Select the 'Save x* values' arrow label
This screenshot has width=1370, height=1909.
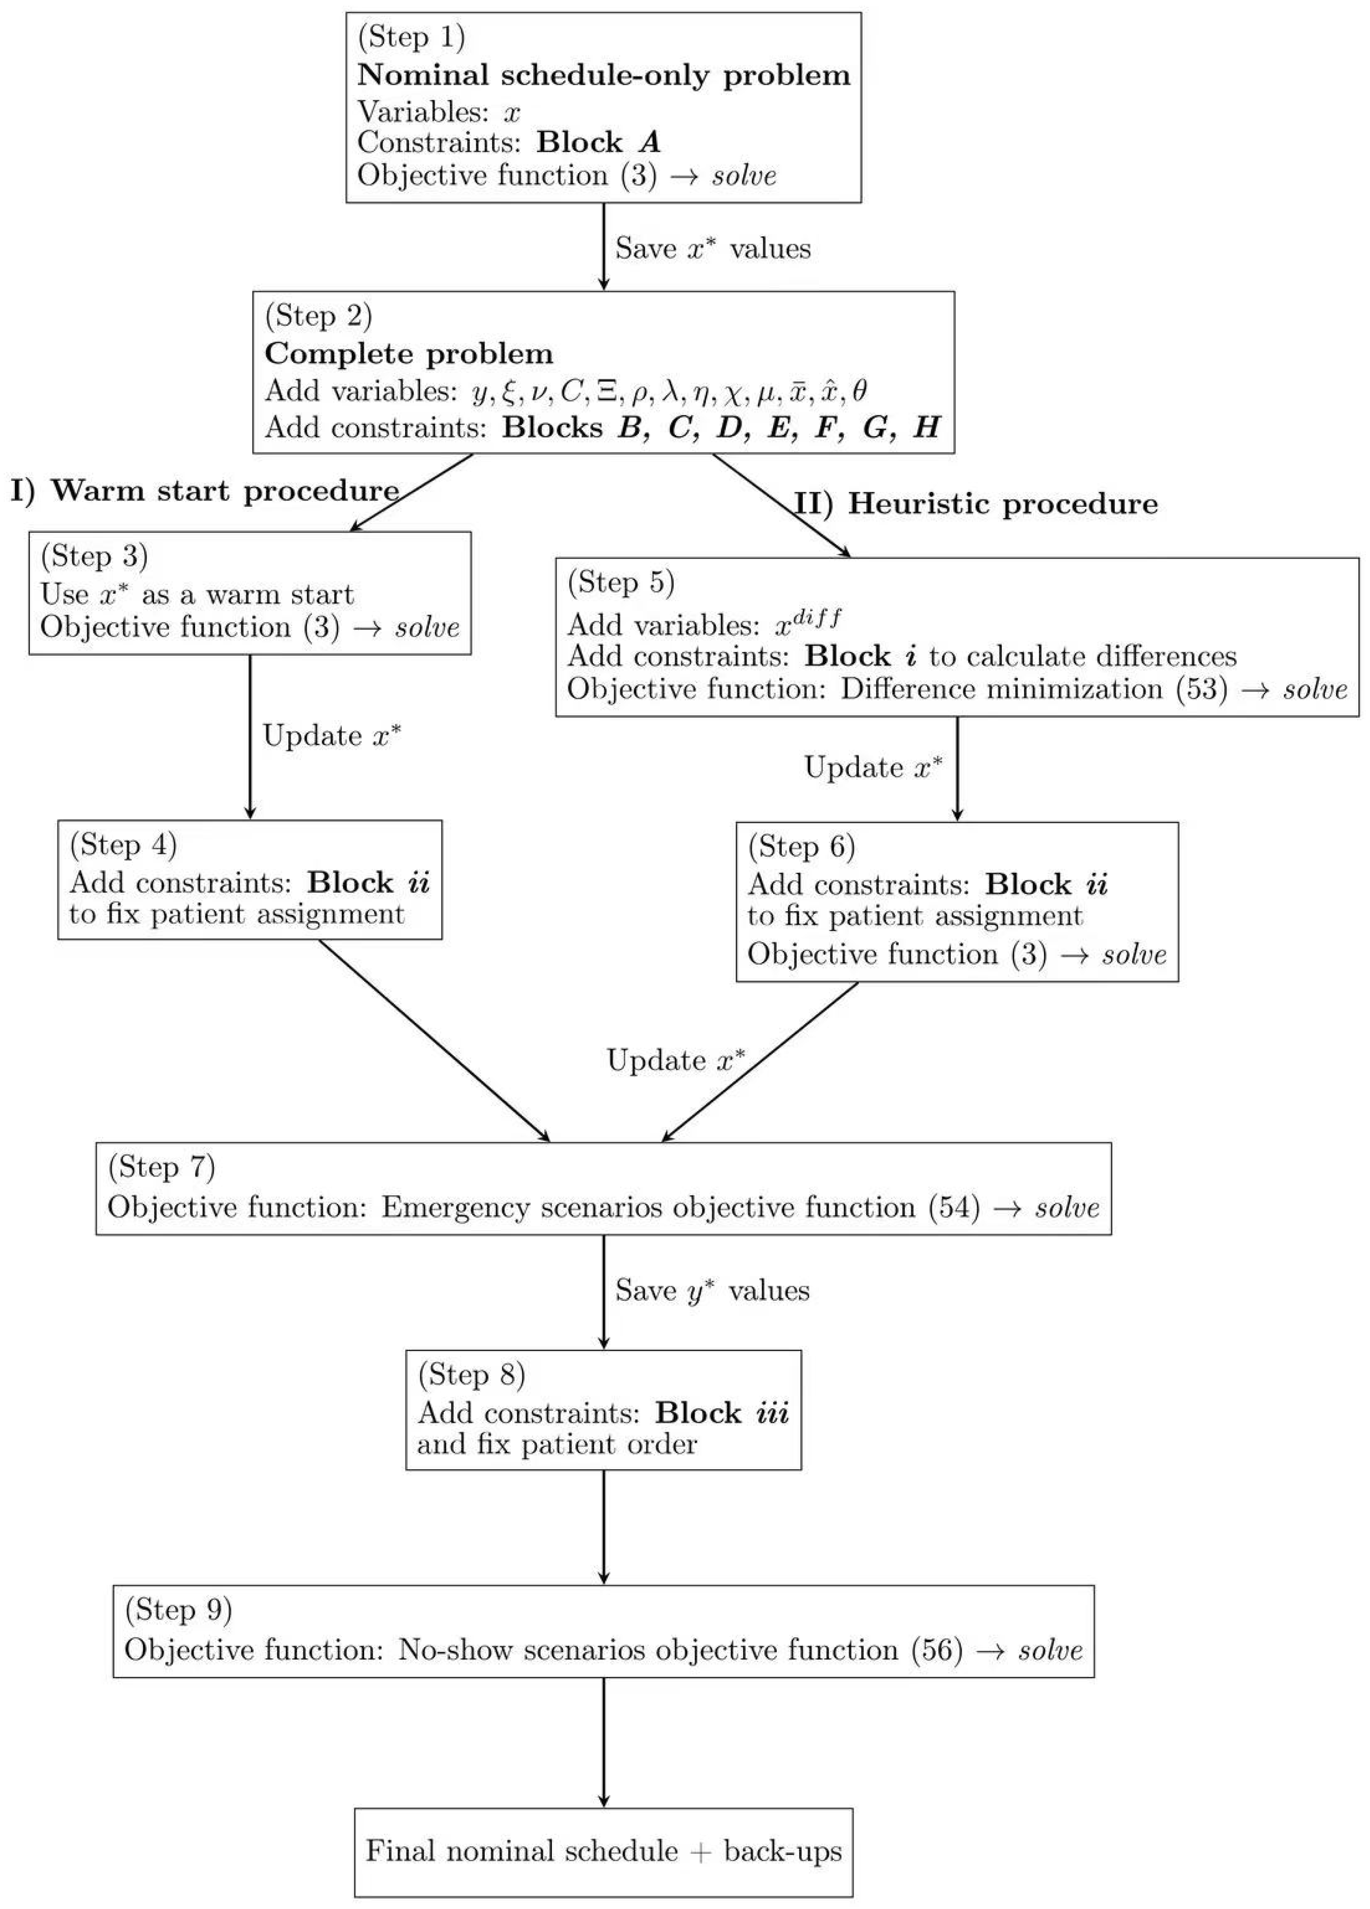pos(712,249)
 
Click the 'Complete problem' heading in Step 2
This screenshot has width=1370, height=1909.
pos(409,354)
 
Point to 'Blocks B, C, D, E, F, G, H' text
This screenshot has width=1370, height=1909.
pos(721,428)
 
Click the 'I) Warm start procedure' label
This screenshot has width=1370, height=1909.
pos(204,491)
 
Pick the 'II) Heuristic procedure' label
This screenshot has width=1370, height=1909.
pos(976,504)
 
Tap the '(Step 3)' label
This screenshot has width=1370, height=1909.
pos(95,557)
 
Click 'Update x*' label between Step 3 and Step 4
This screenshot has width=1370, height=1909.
pos(332,736)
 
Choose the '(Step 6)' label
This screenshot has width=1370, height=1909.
pos(801,847)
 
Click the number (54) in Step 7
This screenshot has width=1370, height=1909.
pos(954,1208)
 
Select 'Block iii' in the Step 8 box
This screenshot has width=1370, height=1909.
pos(722,1412)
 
